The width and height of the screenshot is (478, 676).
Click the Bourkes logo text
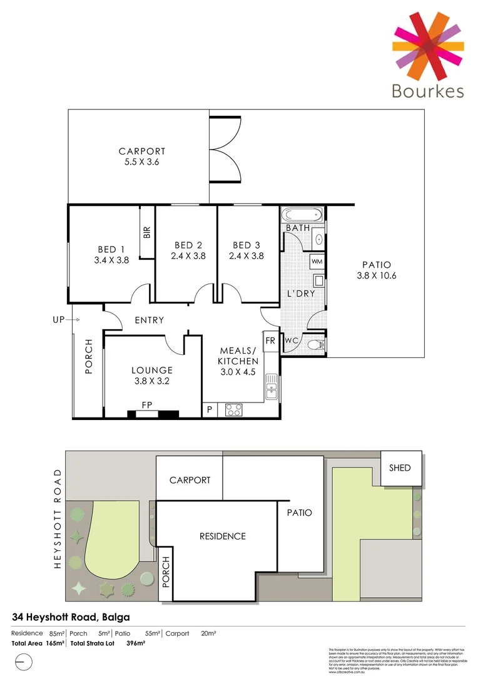click(428, 91)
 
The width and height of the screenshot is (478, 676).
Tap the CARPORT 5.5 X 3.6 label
click(142, 156)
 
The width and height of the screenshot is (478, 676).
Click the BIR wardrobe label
click(147, 233)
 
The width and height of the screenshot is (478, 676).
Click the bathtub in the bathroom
click(303, 216)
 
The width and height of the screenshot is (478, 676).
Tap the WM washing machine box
click(317, 260)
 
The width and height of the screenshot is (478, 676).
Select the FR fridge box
click(270, 341)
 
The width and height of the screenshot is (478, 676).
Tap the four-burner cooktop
click(233, 410)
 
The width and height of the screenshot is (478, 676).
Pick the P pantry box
click(209, 411)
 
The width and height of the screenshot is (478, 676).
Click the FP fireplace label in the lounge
click(147, 405)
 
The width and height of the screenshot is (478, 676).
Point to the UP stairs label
click(59, 320)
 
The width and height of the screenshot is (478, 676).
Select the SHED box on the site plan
click(400, 468)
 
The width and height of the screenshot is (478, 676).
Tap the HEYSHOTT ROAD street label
click(58, 518)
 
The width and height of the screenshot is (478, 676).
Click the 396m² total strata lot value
click(136, 643)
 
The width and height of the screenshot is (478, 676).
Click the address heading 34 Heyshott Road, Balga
click(71, 617)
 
